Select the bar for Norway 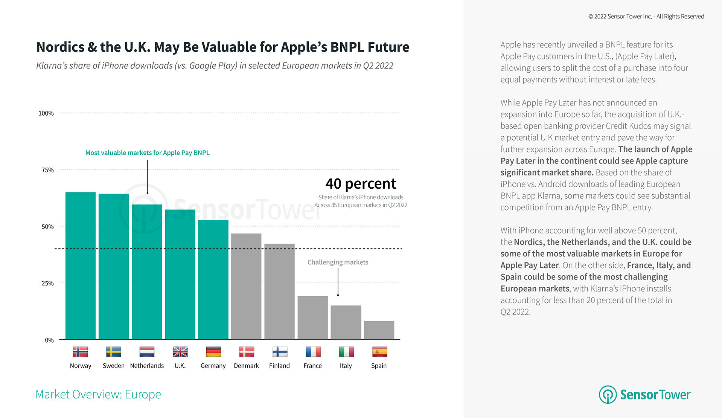point(80,265)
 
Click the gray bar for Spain point(379,330)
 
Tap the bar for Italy point(346,322)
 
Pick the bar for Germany point(213,280)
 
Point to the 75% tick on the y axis point(48,170)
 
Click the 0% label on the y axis point(49,340)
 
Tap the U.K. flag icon point(180,352)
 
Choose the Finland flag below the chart point(280,352)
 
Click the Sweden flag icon point(114,352)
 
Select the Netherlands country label point(147,366)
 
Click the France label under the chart point(312,366)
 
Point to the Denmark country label point(246,366)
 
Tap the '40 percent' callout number point(361,184)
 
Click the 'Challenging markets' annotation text point(338,262)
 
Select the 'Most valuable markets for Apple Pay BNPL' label point(147,153)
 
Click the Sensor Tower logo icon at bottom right point(608,394)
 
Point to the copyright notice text point(646,17)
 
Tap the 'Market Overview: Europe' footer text point(98,394)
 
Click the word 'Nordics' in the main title point(61,47)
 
